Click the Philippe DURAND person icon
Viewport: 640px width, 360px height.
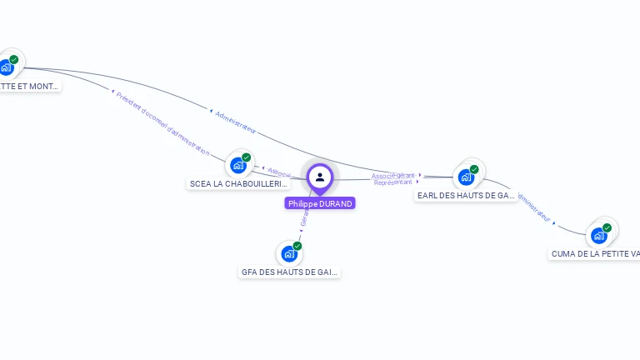[320, 177]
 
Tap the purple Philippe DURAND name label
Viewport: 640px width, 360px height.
[320, 203]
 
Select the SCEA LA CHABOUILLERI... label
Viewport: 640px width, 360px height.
[238, 184]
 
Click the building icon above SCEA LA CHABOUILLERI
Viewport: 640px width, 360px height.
[238, 165]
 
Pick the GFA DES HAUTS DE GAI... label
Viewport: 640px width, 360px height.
[290, 272]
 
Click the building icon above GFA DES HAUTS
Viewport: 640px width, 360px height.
[289, 253]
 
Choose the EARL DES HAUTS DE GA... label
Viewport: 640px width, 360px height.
[466, 195]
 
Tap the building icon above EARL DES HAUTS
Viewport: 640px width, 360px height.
[466, 177]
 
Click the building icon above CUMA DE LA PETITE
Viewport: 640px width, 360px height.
[598, 235]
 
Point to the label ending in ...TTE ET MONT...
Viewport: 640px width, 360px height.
[29, 86]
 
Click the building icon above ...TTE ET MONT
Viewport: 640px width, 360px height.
[6, 67]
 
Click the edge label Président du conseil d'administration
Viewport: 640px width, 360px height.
[162, 123]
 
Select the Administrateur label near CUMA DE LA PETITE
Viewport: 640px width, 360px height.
[534, 208]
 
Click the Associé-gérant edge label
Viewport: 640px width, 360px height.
[393, 176]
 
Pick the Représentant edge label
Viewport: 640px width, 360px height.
[393, 182]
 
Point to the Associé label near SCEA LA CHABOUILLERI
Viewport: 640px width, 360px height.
[279, 172]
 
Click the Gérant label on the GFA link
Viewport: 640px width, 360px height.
[305, 219]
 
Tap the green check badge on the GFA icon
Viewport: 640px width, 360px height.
[297, 246]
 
